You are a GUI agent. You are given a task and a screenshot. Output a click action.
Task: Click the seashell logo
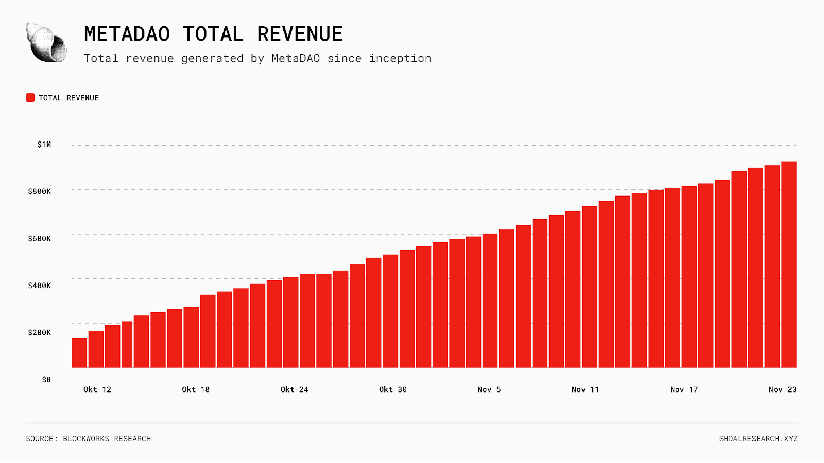[x=46, y=43]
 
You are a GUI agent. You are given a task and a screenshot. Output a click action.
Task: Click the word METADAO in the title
[x=127, y=34]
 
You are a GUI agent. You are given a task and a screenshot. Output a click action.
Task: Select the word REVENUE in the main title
[x=300, y=34]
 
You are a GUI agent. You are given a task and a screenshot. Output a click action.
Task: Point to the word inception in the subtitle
[x=400, y=59]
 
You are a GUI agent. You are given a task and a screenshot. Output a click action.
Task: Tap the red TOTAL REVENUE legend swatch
[x=30, y=98]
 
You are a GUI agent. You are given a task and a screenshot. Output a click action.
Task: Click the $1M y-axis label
[x=44, y=145]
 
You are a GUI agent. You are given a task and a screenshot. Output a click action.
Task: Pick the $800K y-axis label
[x=40, y=191]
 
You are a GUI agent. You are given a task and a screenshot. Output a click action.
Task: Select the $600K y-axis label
[x=40, y=238]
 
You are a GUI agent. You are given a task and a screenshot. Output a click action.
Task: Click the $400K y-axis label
[x=40, y=286]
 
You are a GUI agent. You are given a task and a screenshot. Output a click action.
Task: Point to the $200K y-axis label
[x=40, y=332]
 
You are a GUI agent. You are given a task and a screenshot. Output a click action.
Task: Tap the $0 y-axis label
[x=46, y=380]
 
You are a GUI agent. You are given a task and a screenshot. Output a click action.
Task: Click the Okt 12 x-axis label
[x=97, y=389]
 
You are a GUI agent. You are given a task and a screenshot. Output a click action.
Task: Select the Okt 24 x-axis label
[x=295, y=389]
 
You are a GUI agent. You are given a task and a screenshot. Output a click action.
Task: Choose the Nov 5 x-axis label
[x=489, y=389]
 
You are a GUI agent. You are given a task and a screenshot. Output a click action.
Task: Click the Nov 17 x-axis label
[x=684, y=389]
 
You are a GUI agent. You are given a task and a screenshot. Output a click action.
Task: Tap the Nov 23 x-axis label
[x=782, y=389]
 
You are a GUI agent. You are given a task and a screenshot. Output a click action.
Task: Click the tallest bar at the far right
[x=789, y=265]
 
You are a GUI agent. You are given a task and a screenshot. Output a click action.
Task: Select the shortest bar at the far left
[x=79, y=353]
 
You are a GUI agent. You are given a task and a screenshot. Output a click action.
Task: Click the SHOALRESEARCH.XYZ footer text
[x=758, y=439]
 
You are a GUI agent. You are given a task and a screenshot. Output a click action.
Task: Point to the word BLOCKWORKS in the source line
[x=86, y=439]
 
